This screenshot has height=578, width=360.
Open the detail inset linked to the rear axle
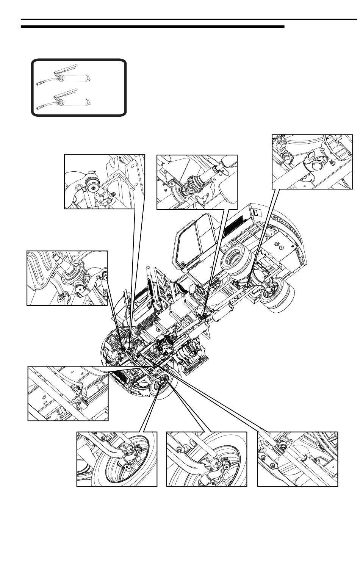click(312, 161)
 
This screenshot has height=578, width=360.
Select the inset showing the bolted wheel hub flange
click(67, 278)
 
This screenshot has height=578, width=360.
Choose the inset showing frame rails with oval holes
click(68, 393)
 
